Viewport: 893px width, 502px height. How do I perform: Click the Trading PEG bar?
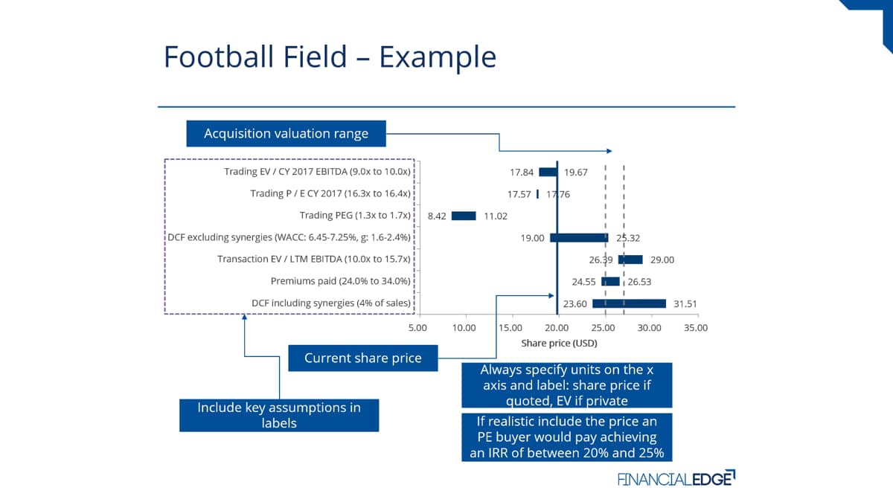click(464, 216)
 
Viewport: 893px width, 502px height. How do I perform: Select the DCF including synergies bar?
click(629, 303)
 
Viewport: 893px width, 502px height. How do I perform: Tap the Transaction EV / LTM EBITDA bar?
click(630, 260)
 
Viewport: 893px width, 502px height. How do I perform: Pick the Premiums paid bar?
click(610, 282)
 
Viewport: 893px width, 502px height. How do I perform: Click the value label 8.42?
click(437, 216)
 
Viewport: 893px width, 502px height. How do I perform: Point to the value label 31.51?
click(685, 304)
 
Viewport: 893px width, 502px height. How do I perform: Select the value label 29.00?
click(662, 260)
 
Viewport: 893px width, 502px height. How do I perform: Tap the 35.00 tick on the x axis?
click(696, 328)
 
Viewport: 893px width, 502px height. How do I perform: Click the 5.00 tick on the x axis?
click(417, 328)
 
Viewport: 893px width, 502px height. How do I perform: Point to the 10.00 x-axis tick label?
click(464, 328)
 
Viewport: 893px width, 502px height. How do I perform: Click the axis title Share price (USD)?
click(559, 343)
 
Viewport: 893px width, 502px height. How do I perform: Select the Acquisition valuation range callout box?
click(286, 133)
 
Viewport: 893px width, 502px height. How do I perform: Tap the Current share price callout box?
click(363, 358)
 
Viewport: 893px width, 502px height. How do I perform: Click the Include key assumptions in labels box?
click(279, 415)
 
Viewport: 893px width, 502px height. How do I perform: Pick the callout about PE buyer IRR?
click(566, 437)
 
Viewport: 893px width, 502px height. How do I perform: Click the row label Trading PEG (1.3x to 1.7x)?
click(355, 216)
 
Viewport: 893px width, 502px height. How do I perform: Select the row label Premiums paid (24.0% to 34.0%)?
click(341, 281)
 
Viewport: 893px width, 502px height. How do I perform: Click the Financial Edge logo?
click(676, 478)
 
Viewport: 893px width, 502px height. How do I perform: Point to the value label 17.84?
click(522, 173)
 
